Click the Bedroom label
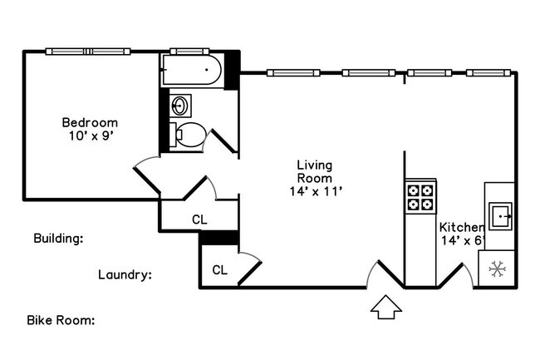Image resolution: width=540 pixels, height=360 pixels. point(90,122)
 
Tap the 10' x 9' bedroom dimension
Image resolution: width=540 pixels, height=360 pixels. point(91,136)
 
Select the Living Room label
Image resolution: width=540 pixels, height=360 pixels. point(315,171)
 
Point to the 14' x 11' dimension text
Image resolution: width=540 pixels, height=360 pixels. point(316,191)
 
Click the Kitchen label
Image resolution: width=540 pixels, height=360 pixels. point(462,227)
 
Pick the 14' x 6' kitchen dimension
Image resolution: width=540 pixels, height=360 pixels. point(463,240)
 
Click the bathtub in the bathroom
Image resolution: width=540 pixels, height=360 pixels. point(192,70)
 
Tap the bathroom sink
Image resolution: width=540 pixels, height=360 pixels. point(180,105)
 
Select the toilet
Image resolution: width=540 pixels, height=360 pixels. point(188,135)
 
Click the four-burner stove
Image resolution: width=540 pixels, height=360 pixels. point(420,197)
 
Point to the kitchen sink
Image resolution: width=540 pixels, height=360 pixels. point(501,216)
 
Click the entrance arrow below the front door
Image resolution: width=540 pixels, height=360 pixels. point(386,307)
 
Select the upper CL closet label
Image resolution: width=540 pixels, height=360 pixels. point(199,219)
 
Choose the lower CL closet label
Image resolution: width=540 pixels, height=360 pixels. point(219,270)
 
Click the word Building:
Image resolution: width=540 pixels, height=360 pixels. point(58,239)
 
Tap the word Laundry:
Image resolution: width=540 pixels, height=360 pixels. point(125,275)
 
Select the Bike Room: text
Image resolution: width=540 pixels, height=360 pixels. point(61,320)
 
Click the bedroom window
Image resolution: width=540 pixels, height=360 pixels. point(88,52)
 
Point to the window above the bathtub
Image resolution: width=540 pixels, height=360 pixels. point(189,52)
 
